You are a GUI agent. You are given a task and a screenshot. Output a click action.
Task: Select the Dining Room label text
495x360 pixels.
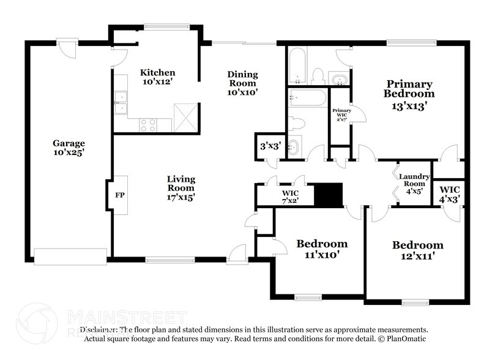tap(243, 84)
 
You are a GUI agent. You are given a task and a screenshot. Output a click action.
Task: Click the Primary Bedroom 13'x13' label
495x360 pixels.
tap(409, 94)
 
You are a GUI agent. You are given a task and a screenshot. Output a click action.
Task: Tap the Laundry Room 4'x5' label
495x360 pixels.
tap(412, 184)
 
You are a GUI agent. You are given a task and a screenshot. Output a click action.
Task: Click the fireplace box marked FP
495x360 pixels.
tap(120, 195)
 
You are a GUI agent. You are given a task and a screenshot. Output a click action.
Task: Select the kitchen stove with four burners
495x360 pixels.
tap(148, 124)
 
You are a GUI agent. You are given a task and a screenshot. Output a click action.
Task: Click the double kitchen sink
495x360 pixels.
tap(121, 102)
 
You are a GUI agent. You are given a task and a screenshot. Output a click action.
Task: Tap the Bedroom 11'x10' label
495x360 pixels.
tap(322, 249)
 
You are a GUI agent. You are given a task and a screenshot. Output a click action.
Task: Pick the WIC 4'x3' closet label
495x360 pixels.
tap(449, 195)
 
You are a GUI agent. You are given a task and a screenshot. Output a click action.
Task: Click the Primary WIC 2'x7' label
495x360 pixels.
tap(341, 115)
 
